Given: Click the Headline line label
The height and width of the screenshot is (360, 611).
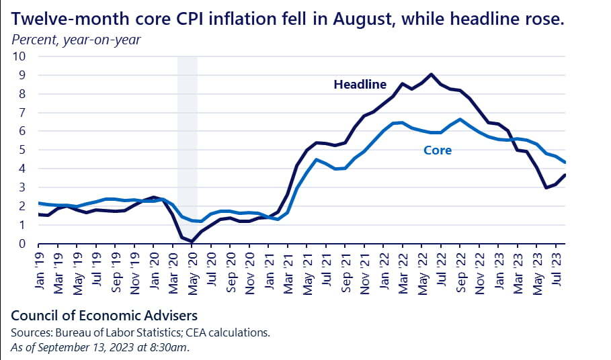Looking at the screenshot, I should click(360, 85).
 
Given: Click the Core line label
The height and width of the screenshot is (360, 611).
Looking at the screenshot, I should click(438, 150).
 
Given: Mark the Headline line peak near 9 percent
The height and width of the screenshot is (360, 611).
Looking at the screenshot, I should click(431, 74).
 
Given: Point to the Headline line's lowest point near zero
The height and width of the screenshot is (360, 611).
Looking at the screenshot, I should click(192, 242).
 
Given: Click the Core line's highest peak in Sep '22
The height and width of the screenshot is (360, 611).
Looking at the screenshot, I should click(460, 120).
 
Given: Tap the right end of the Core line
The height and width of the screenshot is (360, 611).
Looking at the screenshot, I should click(565, 163).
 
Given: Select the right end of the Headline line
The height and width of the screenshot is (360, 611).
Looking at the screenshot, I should click(565, 175).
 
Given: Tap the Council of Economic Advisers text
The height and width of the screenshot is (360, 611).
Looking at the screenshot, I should click(104, 315).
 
